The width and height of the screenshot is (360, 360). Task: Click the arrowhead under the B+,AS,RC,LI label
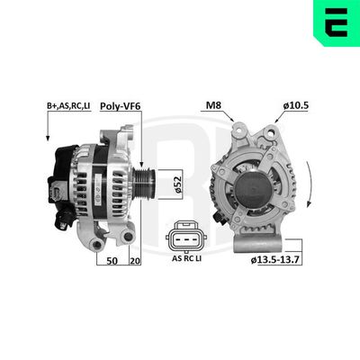(46, 137)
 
